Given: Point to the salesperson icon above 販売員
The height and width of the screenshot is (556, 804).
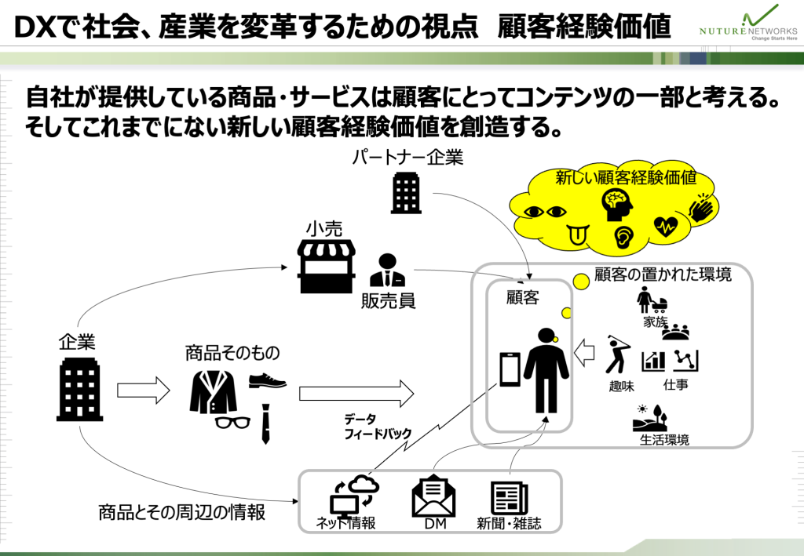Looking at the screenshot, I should pyautogui.click(x=387, y=271).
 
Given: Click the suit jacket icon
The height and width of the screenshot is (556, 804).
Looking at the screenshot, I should pyautogui.click(x=213, y=391).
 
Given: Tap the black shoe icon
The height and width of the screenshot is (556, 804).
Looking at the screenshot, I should pyautogui.click(x=267, y=382).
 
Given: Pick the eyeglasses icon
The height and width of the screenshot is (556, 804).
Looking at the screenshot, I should pyautogui.click(x=232, y=423).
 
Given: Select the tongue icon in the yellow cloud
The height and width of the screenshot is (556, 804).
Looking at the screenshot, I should pyautogui.click(x=576, y=233).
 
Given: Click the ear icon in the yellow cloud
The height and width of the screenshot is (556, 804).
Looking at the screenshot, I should pyautogui.click(x=621, y=234).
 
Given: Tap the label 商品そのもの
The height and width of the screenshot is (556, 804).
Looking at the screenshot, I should pyautogui.click(x=232, y=353).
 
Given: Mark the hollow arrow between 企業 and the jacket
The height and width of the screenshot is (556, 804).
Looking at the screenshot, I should pyautogui.click(x=143, y=390).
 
